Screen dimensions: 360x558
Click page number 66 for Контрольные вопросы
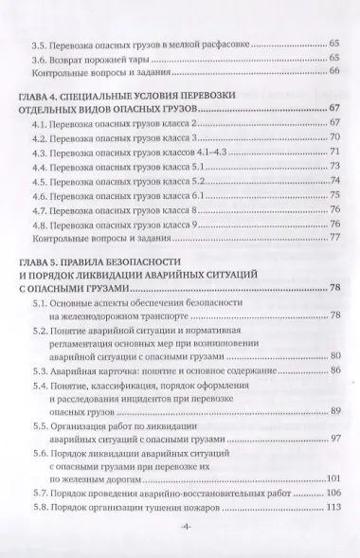334,73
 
